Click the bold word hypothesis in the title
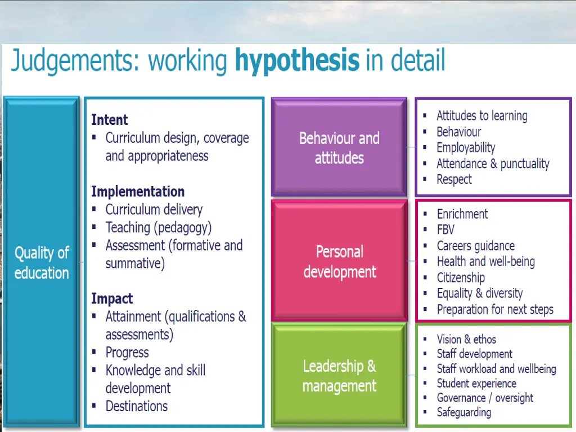click(296, 61)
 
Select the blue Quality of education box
click(42, 262)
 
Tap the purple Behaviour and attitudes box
click(339, 147)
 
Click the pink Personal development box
click(339, 261)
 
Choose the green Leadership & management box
click(339, 376)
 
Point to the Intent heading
click(110, 120)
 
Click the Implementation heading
click(138, 191)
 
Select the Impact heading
click(112, 299)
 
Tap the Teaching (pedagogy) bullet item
click(158, 227)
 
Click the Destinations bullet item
click(136, 406)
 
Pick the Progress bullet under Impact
click(127, 353)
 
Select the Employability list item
click(466, 147)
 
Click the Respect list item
click(454, 179)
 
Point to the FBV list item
click(445, 229)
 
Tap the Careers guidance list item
click(475, 246)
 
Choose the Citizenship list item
click(461, 277)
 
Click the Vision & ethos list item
click(466, 339)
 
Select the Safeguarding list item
click(463, 412)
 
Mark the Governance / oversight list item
click(485, 398)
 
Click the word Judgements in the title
click(74, 61)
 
